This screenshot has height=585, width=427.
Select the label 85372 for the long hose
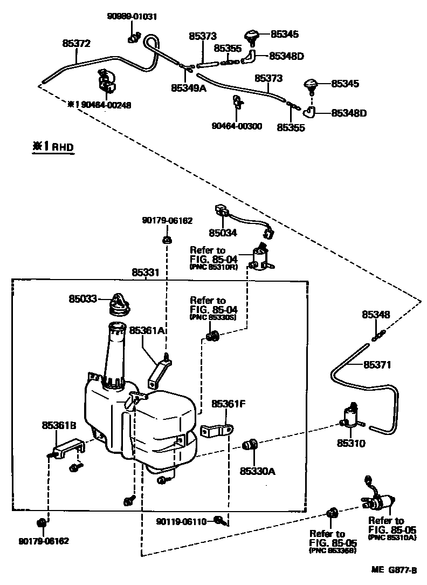(x=76, y=44)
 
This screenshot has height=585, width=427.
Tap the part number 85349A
(x=189, y=87)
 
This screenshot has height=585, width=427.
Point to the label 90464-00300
(x=237, y=126)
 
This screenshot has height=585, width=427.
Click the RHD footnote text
(x=53, y=146)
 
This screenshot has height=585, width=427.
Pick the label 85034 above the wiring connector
(x=223, y=233)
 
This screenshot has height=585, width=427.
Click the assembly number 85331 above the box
(x=146, y=273)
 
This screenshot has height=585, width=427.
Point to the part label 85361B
(x=59, y=426)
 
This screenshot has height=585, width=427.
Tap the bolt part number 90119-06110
(x=182, y=521)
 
